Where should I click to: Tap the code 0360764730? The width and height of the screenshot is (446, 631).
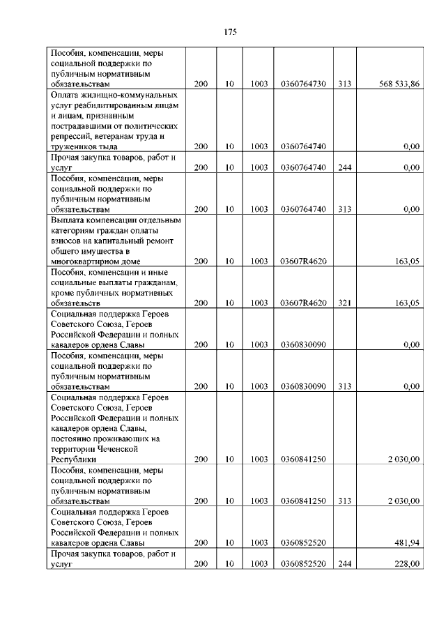coord(303,84)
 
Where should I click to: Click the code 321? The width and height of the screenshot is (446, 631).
coord(344,303)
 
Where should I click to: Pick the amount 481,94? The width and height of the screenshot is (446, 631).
coord(405,542)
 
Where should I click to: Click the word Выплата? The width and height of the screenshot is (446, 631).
coord(68,220)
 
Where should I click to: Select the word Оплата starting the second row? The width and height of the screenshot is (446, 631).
coord(68,94)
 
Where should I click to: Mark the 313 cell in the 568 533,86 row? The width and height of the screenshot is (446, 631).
coord(344,84)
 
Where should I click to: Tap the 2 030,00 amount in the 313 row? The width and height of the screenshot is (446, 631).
coord(403,501)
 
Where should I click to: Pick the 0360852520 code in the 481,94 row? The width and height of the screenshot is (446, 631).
coord(303,542)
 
